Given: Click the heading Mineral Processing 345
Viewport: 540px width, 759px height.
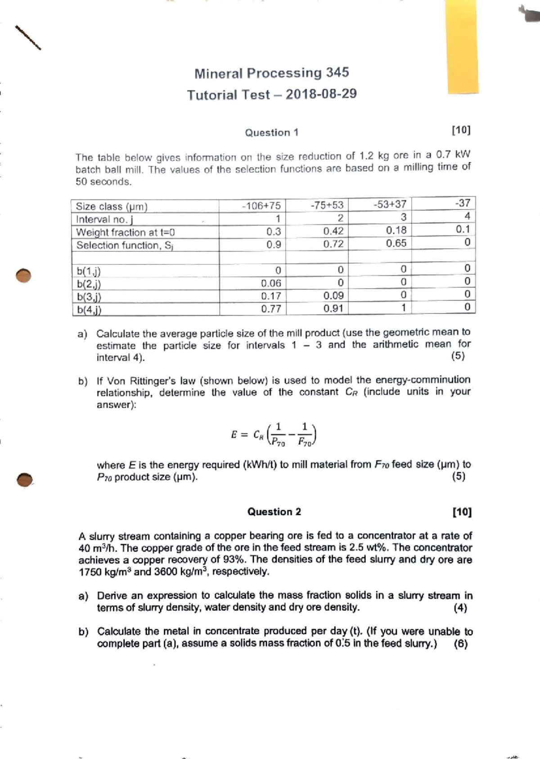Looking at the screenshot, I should [x=271, y=73].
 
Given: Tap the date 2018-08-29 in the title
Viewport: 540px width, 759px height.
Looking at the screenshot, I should [x=321, y=94].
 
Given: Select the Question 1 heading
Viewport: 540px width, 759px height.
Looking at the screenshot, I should [x=271, y=132].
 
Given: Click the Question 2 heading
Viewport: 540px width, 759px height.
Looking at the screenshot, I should [x=274, y=512].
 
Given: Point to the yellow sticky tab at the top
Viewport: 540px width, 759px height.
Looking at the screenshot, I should [x=463, y=45].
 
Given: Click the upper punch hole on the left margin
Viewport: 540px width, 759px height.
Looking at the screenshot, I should [x=23, y=275].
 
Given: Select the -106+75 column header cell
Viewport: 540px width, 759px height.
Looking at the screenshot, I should [x=261, y=206].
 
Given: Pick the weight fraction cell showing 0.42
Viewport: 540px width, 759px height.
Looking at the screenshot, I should [x=333, y=231].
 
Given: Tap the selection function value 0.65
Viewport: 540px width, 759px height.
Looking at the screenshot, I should [x=396, y=243].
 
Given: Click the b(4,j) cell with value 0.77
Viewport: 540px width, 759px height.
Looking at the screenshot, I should [x=271, y=309].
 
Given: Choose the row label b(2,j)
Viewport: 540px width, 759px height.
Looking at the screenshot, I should [x=89, y=284].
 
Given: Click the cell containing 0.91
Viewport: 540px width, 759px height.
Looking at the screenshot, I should [x=333, y=309].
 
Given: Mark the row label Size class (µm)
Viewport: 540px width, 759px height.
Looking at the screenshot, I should [x=112, y=206].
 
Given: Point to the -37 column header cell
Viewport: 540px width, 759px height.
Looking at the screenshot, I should [x=462, y=203].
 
